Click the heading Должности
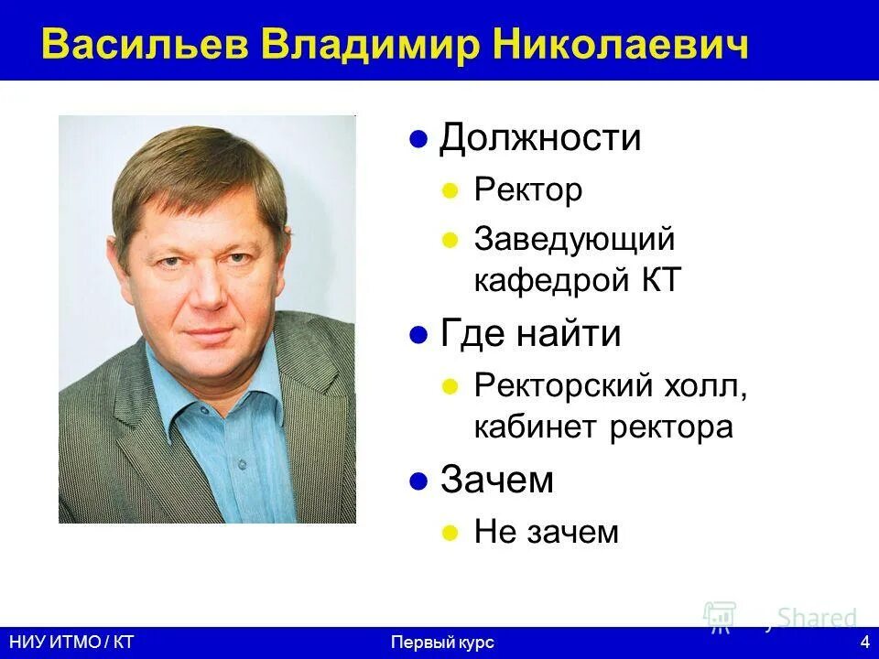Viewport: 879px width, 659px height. (x=540, y=138)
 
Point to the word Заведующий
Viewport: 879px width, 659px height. (x=574, y=240)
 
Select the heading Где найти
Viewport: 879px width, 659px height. (x=530, y=334)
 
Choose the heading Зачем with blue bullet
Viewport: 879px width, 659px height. (x=497, y=480)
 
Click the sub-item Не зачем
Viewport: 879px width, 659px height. (x=547, y=531)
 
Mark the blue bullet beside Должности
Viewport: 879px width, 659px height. (x=418, y=140)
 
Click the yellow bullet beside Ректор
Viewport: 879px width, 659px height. (x=450, y=191)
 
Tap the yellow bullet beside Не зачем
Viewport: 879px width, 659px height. (x=450, y=532)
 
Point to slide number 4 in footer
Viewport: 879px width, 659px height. (x=865, y=643)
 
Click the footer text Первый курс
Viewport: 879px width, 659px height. (x=442, y=643)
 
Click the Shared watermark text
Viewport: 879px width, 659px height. (x=817, y=618)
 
